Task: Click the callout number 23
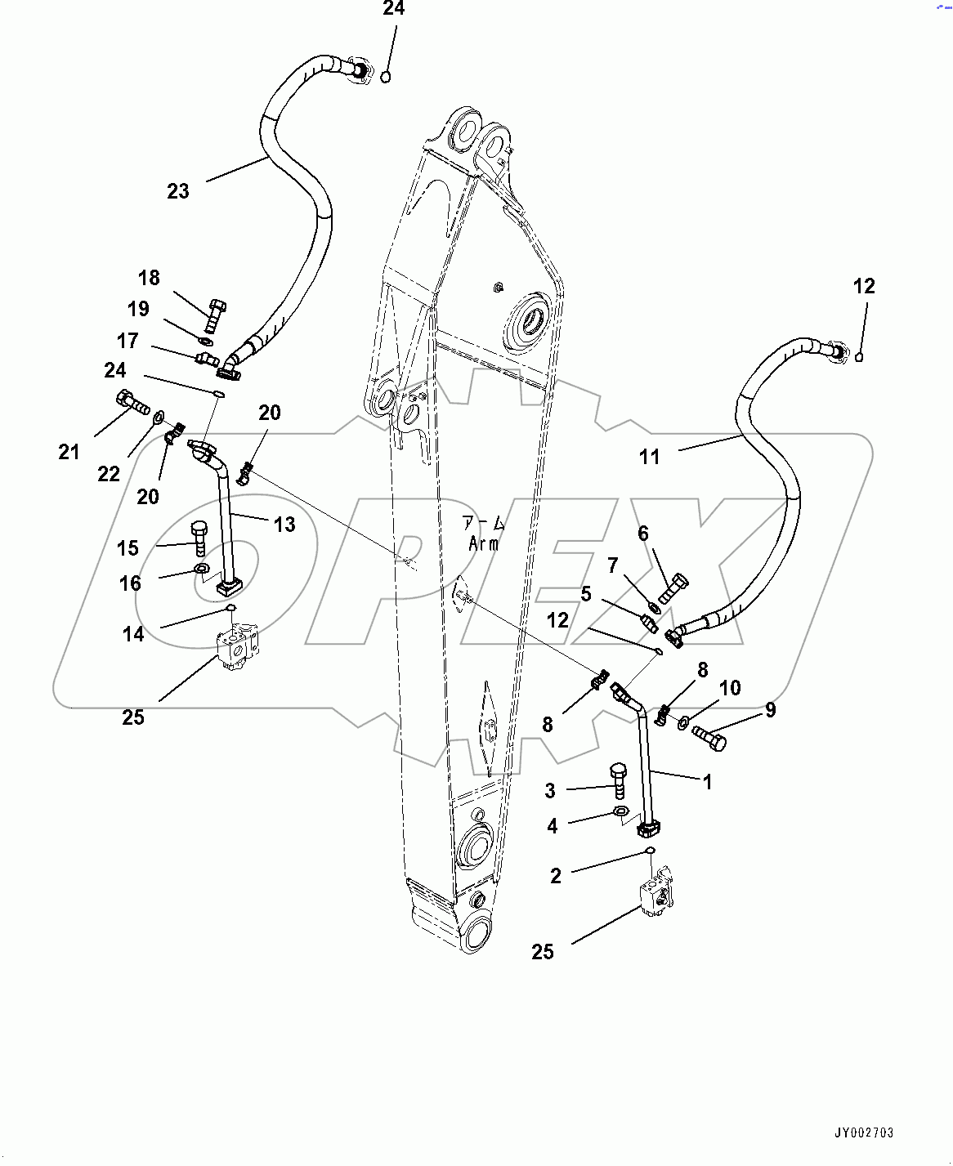coord(178,191)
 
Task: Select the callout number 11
coord(649,457)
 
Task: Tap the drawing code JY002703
coord(864,1132)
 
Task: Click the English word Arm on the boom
coord(484,543)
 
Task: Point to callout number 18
coord(149,278)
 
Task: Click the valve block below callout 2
coord(659,893)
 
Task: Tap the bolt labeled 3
coord(619,780)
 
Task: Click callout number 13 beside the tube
coord(284,524)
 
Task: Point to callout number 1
coord(708,782)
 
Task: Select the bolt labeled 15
coord(199,538)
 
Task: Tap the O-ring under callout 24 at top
coord(386,77)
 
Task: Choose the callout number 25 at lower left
coord(133,717)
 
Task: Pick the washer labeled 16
coord(201,570)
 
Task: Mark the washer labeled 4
coord(620,812)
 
